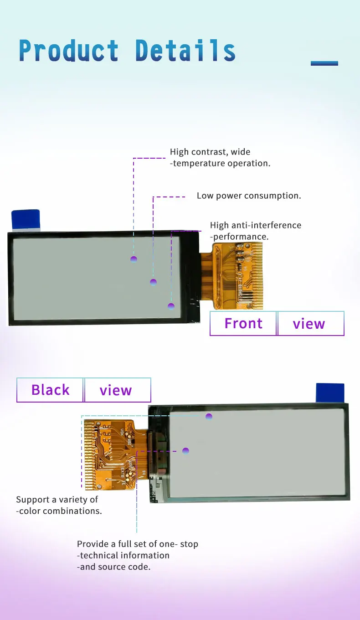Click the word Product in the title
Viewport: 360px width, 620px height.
point(69,51)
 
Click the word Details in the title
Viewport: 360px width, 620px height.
point(185,51)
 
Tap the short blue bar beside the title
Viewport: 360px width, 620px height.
point(324,63)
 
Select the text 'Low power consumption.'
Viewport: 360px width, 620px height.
point(249,196)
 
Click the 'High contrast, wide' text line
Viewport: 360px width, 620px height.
point(210,152)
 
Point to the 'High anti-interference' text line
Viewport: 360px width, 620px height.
point(256,225)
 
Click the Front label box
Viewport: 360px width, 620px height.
point(243,324)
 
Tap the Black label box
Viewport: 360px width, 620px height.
point(50,390)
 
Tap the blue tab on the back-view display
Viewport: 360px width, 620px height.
point(330,393)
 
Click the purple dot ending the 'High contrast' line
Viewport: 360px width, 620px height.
point(134,259)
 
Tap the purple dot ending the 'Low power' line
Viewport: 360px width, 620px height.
point(153,282)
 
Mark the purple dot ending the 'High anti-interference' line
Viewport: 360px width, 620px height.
point(171,306)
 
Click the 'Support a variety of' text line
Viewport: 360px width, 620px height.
point(57,500)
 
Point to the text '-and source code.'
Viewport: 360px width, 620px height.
point(114,567)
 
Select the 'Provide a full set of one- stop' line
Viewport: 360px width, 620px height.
point(138,544)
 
